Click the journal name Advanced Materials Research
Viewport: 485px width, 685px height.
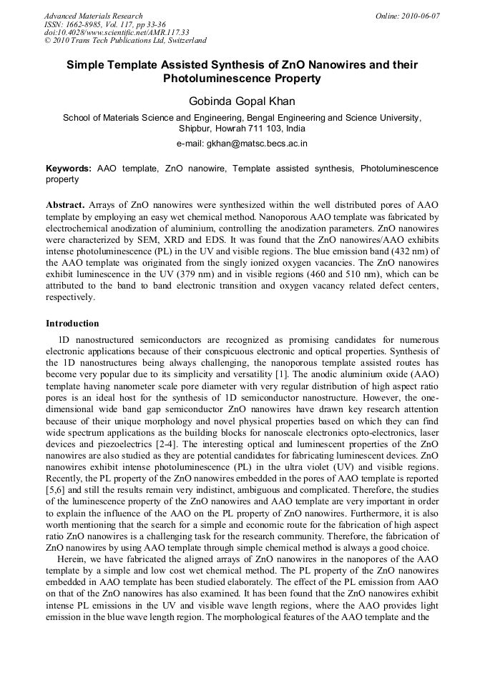[x=93, y=16]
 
